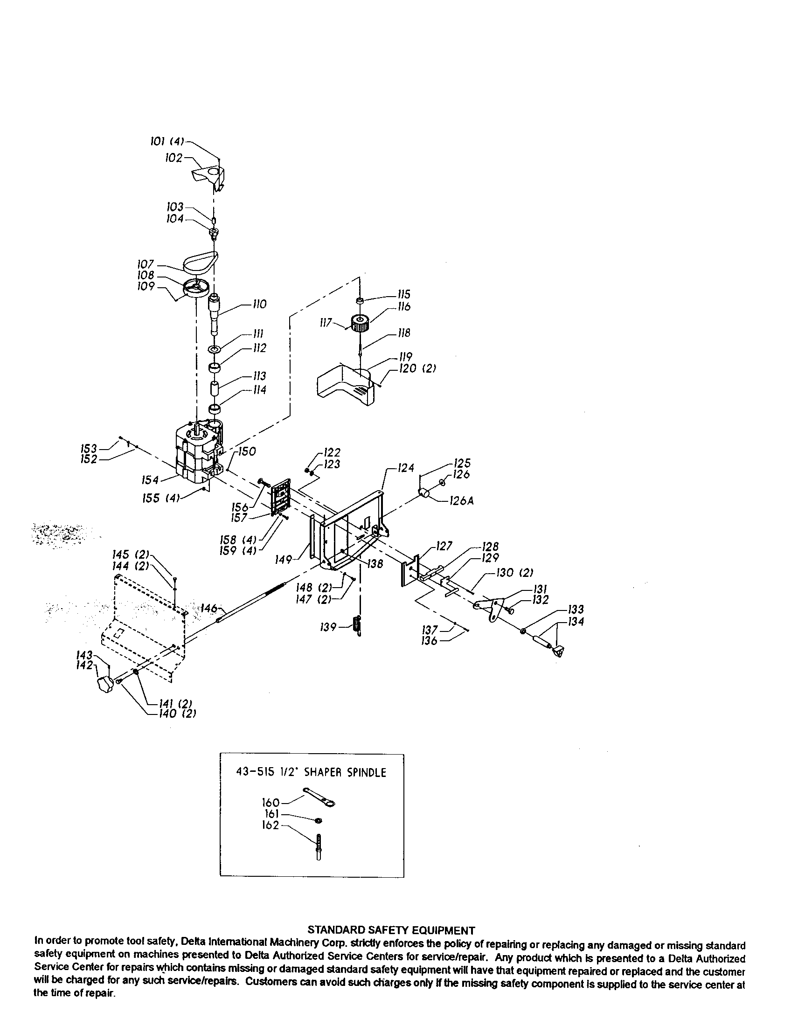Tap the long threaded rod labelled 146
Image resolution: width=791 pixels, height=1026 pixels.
coord(252,603)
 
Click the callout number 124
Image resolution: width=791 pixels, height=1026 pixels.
coord(406,468)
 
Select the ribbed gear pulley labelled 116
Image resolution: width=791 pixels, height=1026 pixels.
coord(361,323)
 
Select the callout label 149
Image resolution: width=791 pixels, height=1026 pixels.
coord(284,560)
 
